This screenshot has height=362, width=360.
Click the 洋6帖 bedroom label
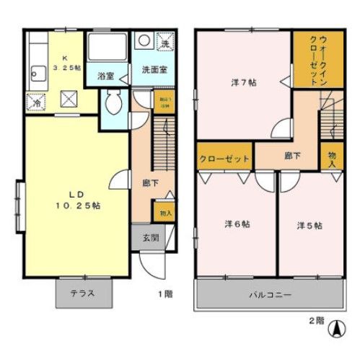tap(235, 224)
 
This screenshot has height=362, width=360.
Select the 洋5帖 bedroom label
tap(308, 225)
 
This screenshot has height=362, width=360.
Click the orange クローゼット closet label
tap(224, 158)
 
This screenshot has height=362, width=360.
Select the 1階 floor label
tap(165, 294)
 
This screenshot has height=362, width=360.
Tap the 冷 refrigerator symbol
tap(33, 102)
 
